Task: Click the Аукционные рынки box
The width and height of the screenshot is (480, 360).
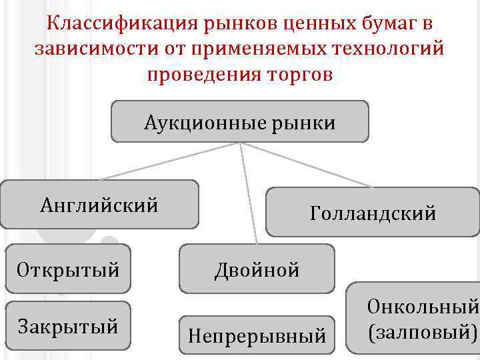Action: point(239,122)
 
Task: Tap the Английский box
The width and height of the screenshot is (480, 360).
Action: point(99,204)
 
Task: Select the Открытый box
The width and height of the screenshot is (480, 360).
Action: point(68,270)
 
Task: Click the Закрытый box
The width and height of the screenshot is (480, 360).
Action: point(68,326)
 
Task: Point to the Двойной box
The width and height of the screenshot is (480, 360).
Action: point(257,269)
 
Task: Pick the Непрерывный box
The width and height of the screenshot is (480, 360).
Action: point(257,335)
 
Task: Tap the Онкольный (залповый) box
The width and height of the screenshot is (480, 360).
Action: point(413,318)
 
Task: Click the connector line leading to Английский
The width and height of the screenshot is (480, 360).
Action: point(167,161)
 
